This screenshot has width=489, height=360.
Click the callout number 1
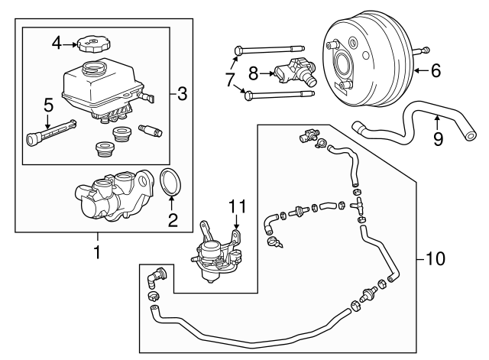point(96,251)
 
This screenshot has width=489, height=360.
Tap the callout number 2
point(173,221)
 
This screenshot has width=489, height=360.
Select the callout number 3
point(182,94)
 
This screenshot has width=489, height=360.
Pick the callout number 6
point(435,71)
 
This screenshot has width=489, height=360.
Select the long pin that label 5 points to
point(50,131)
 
